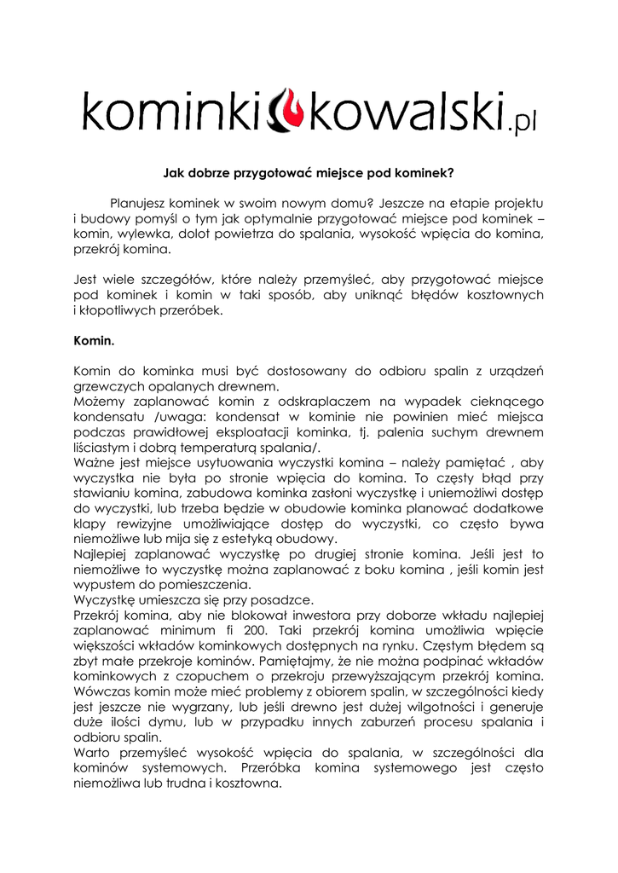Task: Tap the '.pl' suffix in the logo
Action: (x=521, y=125)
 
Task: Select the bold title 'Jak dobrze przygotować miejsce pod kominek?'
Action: (x=308, y=172)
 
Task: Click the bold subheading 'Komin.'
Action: (x=94, y=339)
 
